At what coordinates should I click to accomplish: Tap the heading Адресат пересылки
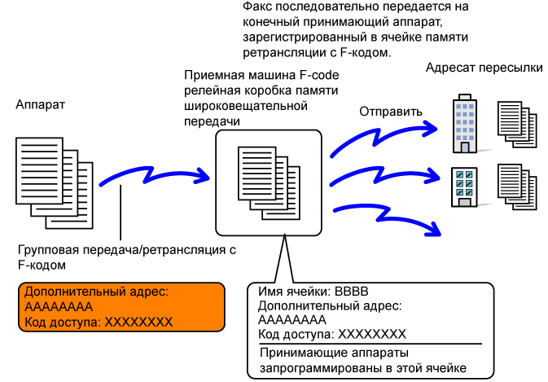(x=484, y=68)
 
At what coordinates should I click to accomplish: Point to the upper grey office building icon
(x=463, y=125)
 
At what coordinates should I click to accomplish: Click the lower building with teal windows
(x=463, y=187)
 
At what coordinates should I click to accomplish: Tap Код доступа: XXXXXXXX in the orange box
(x=99, y=323)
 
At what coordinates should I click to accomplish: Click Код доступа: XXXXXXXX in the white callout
(x=331, y=335)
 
